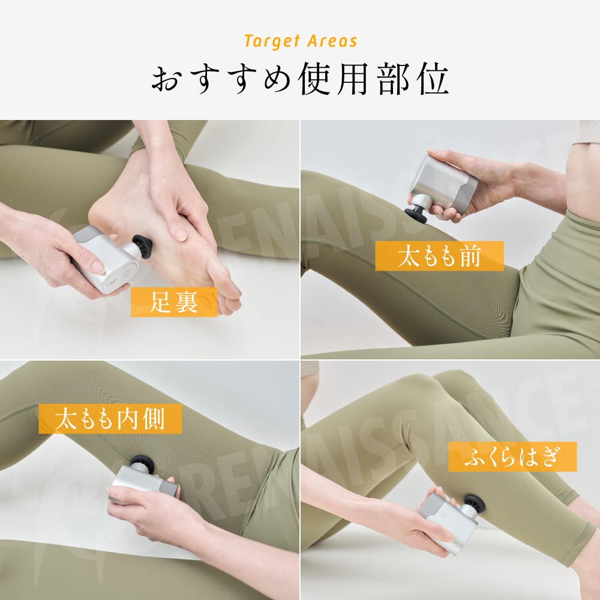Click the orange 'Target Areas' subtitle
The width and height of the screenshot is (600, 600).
(301, 41)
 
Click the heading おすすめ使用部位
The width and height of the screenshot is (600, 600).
(299, 80)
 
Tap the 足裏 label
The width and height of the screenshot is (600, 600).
(174, 302)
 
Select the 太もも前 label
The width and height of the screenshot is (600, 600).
(439, 256)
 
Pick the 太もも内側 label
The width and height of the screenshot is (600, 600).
(110, 419)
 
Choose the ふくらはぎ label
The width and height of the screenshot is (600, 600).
(512, 457)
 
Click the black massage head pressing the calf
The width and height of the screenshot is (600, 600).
(475, 505)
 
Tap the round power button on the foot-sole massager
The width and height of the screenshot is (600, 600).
(127, 274)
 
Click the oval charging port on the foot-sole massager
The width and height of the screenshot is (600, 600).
(113, 284)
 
